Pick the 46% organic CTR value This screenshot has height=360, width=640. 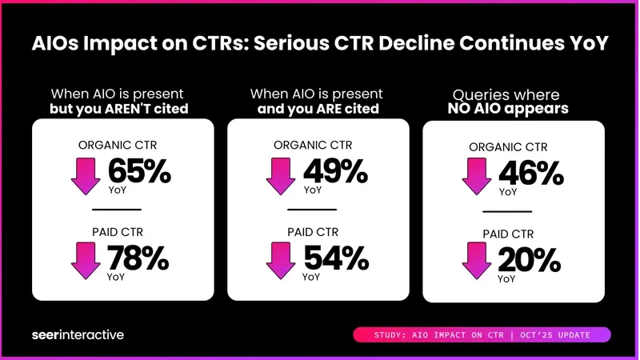click(530, 174)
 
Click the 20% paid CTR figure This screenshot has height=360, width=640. click(530, 261)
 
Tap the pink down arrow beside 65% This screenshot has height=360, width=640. click(86, 175)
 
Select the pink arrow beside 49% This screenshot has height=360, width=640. click(282, 175)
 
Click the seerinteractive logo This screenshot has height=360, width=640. click(78, 334)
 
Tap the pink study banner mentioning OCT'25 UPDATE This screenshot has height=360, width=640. click(482, 334)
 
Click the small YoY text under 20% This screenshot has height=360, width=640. click(507, 279)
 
